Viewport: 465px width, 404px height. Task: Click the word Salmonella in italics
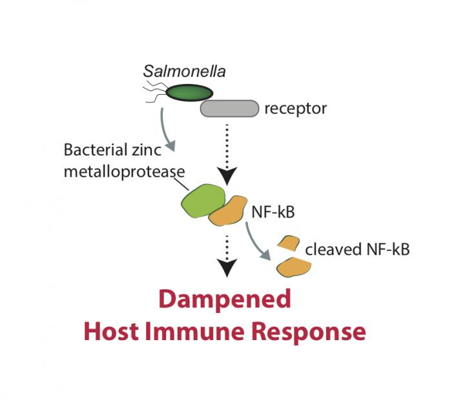184,71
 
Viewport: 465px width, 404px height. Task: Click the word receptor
295,108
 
